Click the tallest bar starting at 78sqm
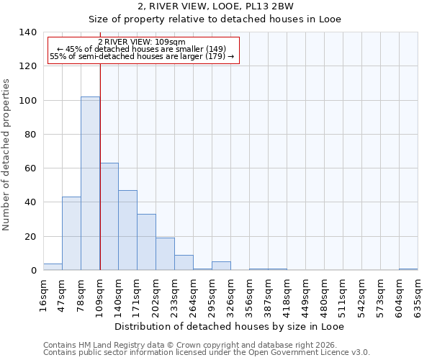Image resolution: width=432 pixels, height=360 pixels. (90, 184)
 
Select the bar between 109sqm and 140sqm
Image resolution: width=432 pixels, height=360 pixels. (109, 217)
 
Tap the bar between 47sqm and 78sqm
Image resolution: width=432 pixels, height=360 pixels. (71, 233)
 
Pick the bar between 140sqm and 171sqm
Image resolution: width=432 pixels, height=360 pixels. (128, 230)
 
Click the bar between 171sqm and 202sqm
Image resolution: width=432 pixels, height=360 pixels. (147, 242)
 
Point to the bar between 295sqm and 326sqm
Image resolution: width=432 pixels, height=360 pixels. (222, 266)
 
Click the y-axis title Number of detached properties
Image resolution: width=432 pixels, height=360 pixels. (7, 151)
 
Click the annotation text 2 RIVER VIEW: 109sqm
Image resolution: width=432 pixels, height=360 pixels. (142, 42)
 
